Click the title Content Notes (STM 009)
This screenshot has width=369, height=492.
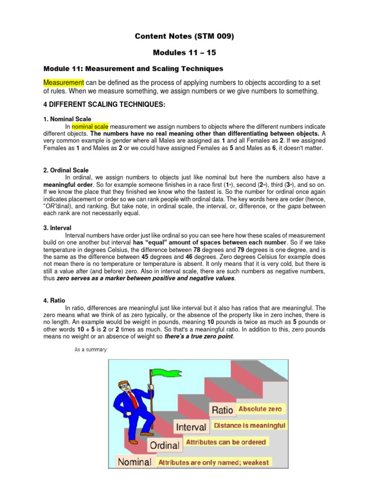[184, 36]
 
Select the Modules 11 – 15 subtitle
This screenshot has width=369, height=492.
[184, 52]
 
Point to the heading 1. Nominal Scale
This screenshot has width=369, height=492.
[67, 119]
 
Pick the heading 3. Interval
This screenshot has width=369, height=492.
[57, 228]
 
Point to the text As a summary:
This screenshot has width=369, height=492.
[91, 349]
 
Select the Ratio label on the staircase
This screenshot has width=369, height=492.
[222, 410]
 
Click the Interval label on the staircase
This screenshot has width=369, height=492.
[191, 427]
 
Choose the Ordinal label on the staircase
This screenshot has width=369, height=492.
[165, 445]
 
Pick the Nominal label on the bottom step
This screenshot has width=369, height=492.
[135, 462]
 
